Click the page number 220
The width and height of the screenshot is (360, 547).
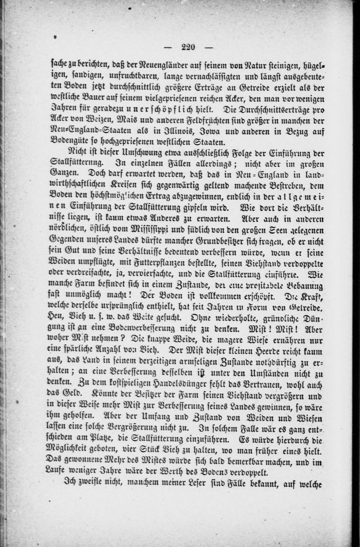coord(189,47)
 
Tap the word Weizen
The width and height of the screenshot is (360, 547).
coord(92,119)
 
